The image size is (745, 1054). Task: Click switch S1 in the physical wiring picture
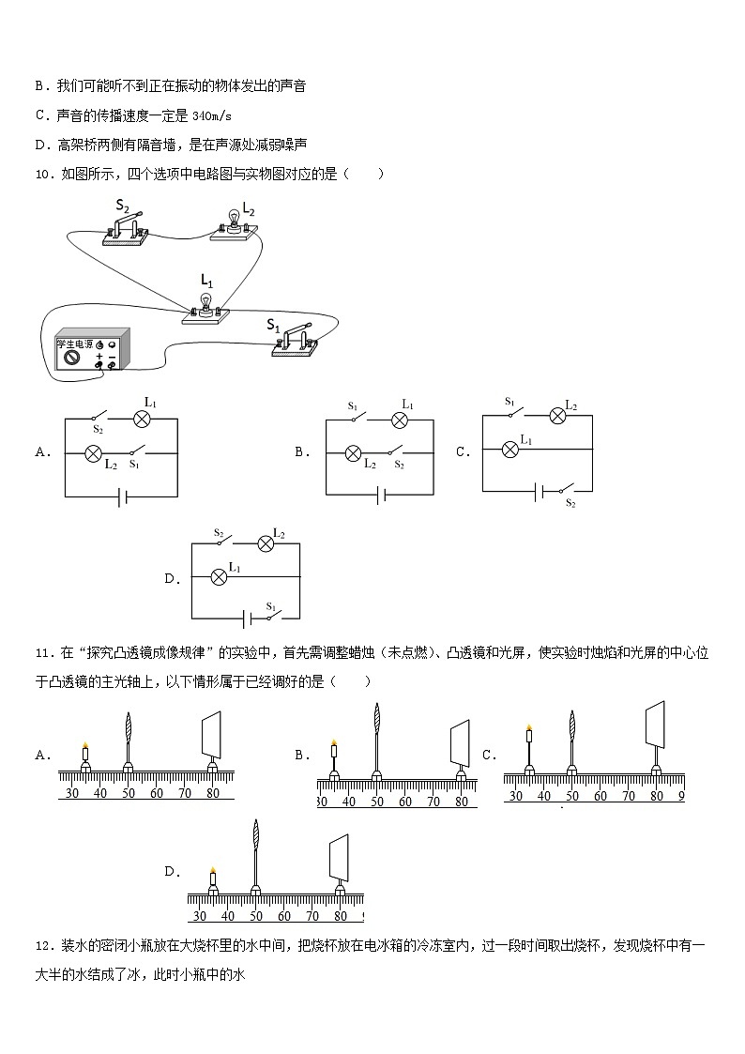pyautogui.click(x=298, y=338)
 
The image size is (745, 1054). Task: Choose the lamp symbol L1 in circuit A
pyautogui.click(x=144, y=419)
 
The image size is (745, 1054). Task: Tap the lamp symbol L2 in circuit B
pyautogui.click(x=354, y=453)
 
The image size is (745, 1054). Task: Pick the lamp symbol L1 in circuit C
pyautogui.click(x=510, y=450)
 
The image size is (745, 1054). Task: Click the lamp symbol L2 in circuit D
pyautogui.click(x=266, y=542)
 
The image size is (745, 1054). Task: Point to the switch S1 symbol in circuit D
pyautogui.click(x=273, y=618)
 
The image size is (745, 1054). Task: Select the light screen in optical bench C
pyautogui.click(x=656, y=724)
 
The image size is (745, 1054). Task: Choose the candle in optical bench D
pyautogui.click(x=213, y=878)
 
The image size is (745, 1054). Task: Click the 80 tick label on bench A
pyautogui.click(x=213, y=793)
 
